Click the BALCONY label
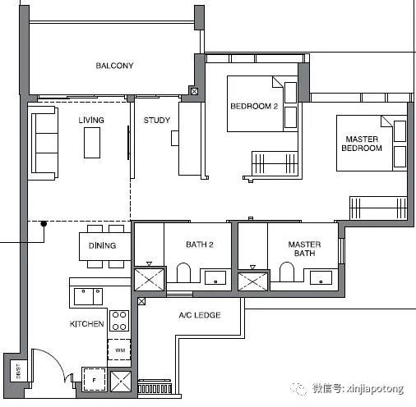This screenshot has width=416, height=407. (x=114, y=66)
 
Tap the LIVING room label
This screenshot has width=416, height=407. (x=91, y=120)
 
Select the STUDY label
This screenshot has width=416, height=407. (x=157, y=120)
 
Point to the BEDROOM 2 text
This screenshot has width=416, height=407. (x=254, y=106)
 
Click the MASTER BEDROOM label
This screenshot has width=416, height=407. (x=362, y=144)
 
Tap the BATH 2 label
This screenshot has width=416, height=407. (x=200, y=245)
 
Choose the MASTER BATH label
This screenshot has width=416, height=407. (x=304, y=249)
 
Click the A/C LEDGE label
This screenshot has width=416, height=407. (x=200, y=315)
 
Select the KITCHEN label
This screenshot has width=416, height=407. (x=86, y=324)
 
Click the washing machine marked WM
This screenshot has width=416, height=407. (x=119, y=350)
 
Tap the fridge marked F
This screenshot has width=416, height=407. (x=95, y=380)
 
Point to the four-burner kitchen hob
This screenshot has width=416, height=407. (x=119, y=321)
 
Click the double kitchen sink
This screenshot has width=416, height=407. (x=88, y=296)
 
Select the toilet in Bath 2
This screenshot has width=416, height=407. (x=183, y=272)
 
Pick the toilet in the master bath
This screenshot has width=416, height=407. (x=287, y=272)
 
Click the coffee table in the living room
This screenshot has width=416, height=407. (x=92, y=143)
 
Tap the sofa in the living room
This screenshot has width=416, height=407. (x=44, y=144)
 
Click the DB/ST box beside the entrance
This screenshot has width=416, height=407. (x=18, y=371)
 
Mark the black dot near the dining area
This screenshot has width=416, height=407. (x=44, y=224)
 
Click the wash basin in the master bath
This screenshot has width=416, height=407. (x=321, y=278)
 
